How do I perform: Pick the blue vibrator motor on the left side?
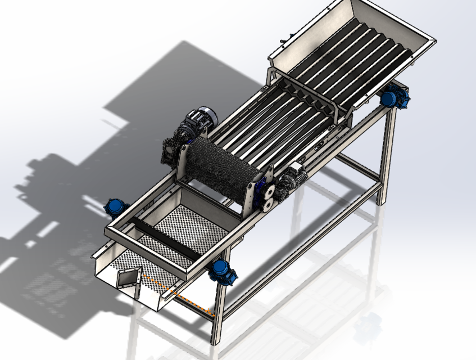[x=115, y=207]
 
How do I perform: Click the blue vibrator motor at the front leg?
[x=223, y=272]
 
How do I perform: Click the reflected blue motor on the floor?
[x=368, y=326]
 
